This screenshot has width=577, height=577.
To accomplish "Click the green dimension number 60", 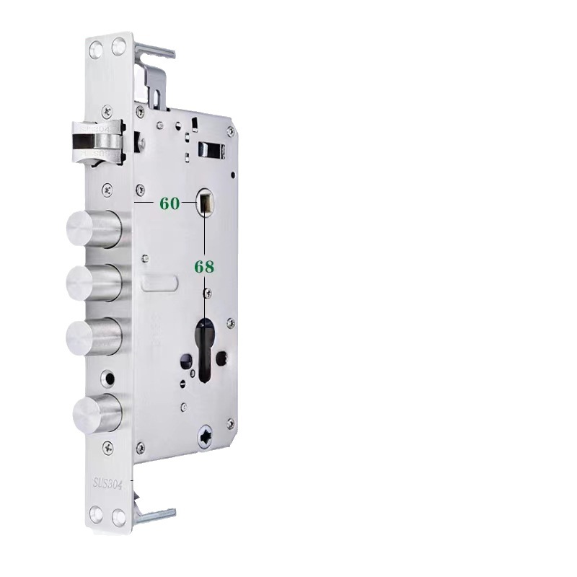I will [169, 204].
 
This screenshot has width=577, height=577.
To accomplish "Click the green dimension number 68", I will [204, 267].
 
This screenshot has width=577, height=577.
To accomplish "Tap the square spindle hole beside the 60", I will [205, 202].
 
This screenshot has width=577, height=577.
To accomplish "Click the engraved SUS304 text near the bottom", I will [109, 483].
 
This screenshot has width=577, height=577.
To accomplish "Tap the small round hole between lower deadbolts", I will [110, 377].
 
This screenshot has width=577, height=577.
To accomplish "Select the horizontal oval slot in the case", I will [159, 283].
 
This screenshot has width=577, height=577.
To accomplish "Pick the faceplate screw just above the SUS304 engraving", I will [107, 448].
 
